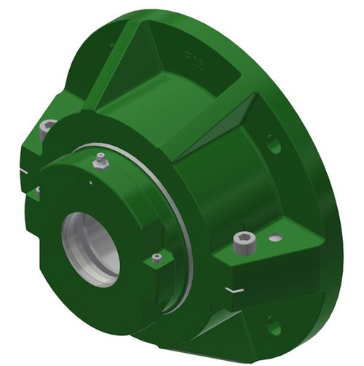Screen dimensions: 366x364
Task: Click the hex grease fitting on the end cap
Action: pyautogui.click(x=101, y=160)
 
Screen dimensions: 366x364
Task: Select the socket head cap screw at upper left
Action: pyautogui.click(x=48, y=128)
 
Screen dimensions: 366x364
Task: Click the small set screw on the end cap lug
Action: pyautogui.click(x=157, y=257)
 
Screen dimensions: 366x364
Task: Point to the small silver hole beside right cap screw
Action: pyautogui.click(x=274, y=238)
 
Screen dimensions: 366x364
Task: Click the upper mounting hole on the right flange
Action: pyautogui.click(x=273, y=144)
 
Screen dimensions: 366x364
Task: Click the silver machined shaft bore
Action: pyautogui.click(x=92, y=247)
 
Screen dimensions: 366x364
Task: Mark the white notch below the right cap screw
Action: pyautogui.click(x=234, y=289)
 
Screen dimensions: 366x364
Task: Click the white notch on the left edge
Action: pyautogui.click(x=24, y=172)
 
